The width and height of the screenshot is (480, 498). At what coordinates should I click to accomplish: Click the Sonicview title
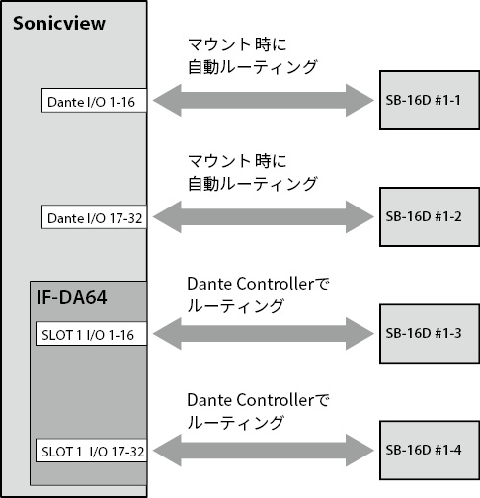(x=59, y=23)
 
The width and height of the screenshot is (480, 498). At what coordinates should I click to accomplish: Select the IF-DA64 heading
(x=71, y=297)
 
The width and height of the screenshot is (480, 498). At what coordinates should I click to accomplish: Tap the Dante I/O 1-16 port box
(x=94, y=100)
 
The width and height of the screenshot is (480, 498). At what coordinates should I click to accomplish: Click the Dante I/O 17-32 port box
(x=94, y=216)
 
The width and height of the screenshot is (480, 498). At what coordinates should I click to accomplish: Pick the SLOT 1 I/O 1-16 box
(x=91, y=334)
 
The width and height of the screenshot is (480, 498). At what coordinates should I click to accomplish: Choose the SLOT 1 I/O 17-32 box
(x=91, y=451)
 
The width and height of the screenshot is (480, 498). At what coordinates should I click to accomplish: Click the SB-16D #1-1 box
(x=430, y=100)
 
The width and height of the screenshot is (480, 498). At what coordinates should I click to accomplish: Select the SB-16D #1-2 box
(x=430, y=216)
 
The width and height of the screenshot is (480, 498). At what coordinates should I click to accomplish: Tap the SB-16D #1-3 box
(x=430, y=334)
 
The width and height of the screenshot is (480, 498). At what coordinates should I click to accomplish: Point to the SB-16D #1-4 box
(x=430, y=451)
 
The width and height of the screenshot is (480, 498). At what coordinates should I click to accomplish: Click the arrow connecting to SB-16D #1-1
(x=264, y=100)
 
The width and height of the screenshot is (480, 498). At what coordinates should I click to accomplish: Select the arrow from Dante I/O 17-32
(x=264, y=216)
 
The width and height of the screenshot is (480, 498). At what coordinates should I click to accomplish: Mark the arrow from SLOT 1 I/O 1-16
(x=264, y=334)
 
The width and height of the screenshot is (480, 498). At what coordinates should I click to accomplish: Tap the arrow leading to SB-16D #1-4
(x=264, y=451)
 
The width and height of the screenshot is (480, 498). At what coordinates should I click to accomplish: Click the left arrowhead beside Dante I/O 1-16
(x=167, y=100)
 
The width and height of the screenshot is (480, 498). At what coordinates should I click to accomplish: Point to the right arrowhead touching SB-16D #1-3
(x=360, y=334)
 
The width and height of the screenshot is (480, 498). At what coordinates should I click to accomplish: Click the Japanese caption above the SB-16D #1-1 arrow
(x=252, y=56)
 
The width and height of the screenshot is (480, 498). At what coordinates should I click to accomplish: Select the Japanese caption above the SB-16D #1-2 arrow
(x=252, y=173)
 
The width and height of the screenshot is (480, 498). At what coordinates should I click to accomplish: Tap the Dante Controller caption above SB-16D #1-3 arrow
(x=258, y=295)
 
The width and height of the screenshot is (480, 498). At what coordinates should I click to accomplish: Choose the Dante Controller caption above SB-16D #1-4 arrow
(x=258, y=412)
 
